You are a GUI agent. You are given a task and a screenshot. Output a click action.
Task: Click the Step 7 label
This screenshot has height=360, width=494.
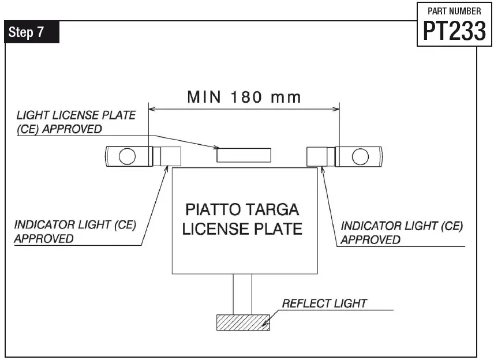coord(33,32)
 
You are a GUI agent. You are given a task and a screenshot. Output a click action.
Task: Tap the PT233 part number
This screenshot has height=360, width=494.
coord(454,30)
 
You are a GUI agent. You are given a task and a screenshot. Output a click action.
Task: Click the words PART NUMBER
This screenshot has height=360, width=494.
coord(454,11)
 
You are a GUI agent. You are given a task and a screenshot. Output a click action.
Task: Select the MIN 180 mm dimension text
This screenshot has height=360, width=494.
coord(244,97)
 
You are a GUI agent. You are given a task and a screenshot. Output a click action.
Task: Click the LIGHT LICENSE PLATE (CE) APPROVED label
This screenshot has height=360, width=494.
coord(76,122)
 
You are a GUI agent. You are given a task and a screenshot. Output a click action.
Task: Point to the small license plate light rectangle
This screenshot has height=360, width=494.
coord(243,155)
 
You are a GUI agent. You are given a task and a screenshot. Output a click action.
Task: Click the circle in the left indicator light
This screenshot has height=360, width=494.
coord(127,155)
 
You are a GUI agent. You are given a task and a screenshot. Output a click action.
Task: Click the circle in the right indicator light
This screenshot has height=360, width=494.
coord(360,155)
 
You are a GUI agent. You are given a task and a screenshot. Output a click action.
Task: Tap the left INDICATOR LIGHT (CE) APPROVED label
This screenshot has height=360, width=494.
coord(74,231)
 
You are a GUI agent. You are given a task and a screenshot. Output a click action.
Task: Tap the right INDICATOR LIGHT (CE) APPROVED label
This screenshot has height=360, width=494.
coord(402,232)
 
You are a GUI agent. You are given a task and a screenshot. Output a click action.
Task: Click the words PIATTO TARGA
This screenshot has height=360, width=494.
coord(242,209)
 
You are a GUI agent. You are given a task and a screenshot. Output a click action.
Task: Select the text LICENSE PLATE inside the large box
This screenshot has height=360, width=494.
coord(242,228)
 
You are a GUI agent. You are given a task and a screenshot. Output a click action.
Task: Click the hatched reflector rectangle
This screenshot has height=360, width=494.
coord(243,322)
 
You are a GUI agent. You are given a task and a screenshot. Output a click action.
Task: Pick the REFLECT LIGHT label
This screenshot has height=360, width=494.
coord(324,303)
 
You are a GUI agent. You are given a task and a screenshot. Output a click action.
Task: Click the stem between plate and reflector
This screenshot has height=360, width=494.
coord(242,294)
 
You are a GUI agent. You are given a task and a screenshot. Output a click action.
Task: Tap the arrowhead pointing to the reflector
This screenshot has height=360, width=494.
coord(266,325)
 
